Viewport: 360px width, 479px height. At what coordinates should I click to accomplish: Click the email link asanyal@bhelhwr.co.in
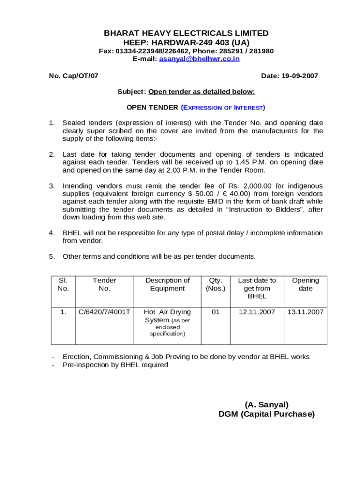[x=199, y=59]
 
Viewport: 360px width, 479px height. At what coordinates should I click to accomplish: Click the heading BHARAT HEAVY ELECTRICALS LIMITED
[x=186, y=33]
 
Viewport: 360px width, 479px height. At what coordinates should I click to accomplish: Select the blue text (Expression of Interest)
[x=223, y=108]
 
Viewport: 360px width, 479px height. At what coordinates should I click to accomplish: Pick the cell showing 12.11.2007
[x=257, y=312]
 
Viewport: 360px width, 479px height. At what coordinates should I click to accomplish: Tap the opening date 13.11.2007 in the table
[x=305, y=312]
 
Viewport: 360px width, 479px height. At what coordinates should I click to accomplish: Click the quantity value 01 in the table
[x=215, y=312]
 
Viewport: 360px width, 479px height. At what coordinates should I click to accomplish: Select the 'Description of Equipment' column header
[x=167, y=284]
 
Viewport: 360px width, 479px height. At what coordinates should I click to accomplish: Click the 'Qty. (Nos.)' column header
[x=215, y=284]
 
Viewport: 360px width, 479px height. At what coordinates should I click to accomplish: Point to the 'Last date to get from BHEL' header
[x=257, y=288]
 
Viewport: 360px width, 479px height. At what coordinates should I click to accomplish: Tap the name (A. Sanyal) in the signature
[x=266, y=404]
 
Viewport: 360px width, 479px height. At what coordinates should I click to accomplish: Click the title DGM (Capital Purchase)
[x=266, y=414]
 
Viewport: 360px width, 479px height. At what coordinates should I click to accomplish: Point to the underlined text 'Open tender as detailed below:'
[x=202, y=92]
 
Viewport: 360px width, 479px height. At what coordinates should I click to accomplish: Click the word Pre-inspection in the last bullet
[x=85, y=365]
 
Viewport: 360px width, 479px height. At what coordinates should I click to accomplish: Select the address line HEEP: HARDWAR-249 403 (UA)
[x=186, y=43]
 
